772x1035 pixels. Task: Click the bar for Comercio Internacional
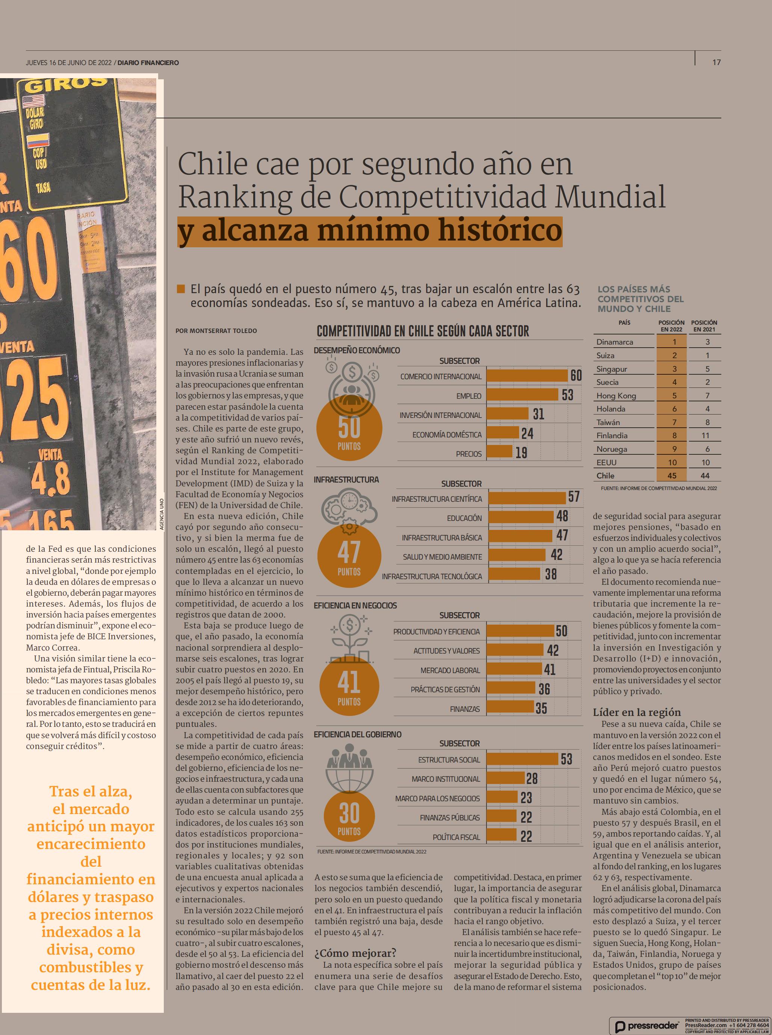pyautogui.click(x=527, y=376)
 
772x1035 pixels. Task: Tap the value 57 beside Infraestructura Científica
pyautogui.click(x=574, y=497)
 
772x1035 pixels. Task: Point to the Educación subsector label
pyautogui.click(x=464, y=518)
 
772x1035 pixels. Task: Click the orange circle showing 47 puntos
pyautogui.click(x=349, y=556)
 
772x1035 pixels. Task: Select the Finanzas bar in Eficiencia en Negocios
pyautogui.click(x=510, y=707)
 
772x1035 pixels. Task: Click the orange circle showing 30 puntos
pyautogui.click(x=349, y=817)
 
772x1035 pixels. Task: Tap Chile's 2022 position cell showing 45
pyautogui.click(x=672, y=475)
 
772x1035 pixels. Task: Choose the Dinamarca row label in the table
pyautogui.click(x=615, y=342)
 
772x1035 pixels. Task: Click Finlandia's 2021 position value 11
pyautogui.click(x=705, y=435)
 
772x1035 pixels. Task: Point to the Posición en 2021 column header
pyautogui.click(x=704, y=326)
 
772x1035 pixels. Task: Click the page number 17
pyautogui.click(x=716, y=62)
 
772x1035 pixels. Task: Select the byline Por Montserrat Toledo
pyautogui.click(x=216, y=330)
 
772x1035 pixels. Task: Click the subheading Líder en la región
pyautogui.click(x=636, y=712)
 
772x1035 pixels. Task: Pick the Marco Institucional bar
pyautogui.click(x=506, y=778)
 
